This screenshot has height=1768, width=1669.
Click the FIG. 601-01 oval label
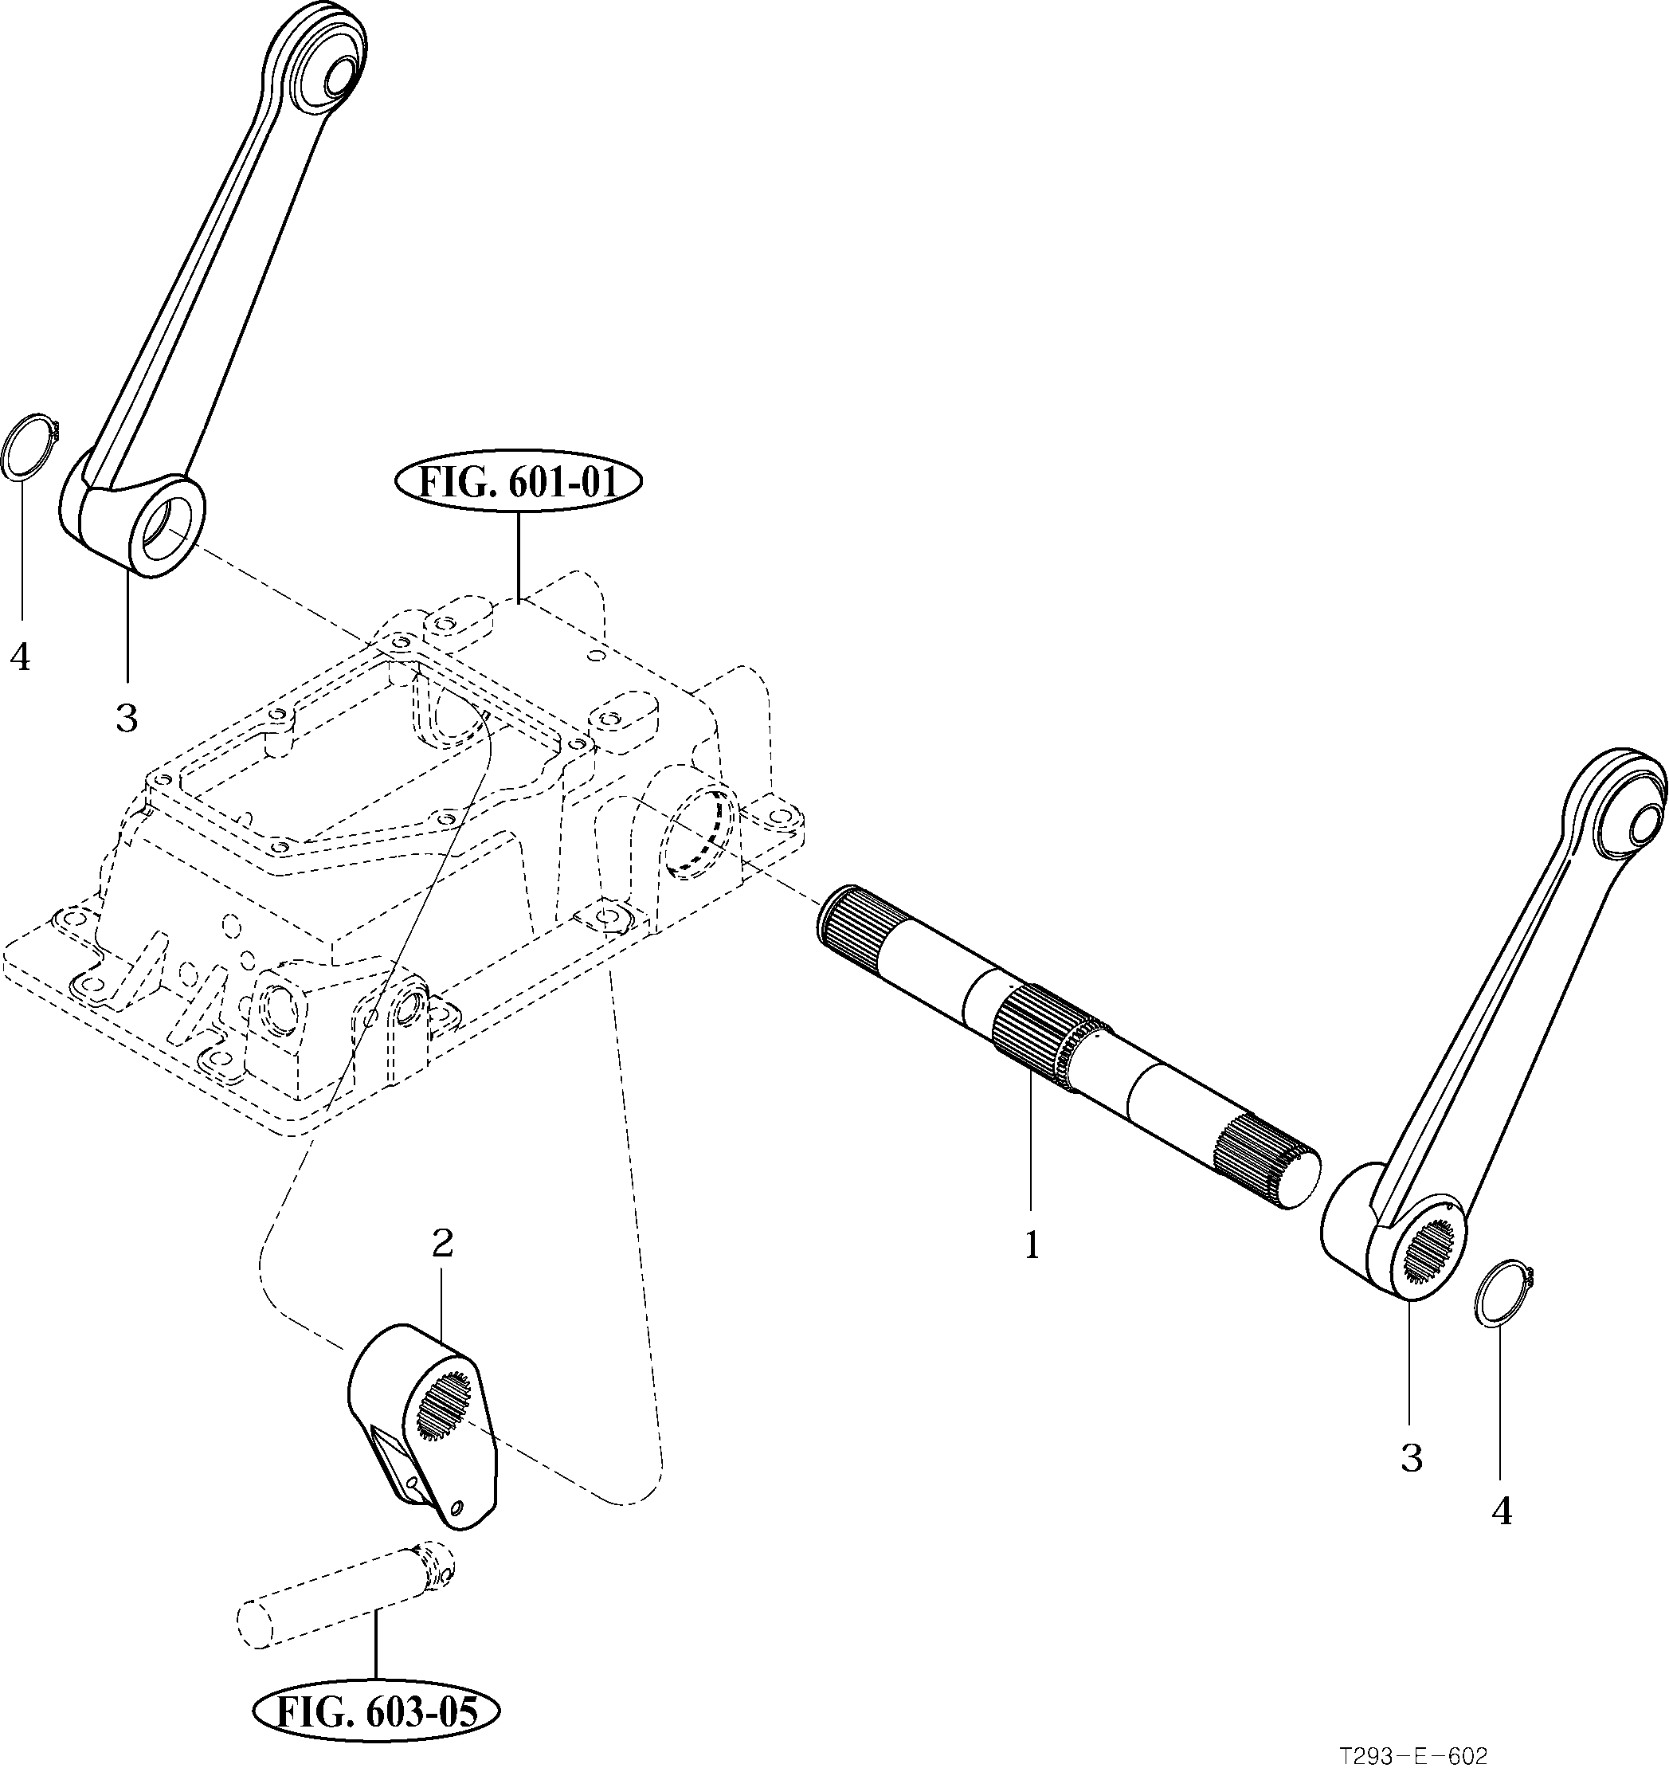518,485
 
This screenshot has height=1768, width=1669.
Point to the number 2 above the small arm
442,1243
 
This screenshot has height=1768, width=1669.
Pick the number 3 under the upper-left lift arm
127,718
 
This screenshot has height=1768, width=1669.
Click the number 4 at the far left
20,657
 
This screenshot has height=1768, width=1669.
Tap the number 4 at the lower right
1502,1511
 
